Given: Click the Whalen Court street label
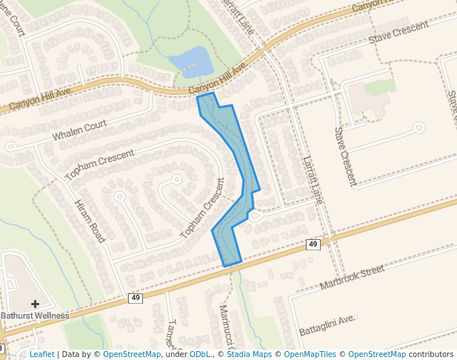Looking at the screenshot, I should coord(80,131).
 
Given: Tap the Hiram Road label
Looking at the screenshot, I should coord(90,221).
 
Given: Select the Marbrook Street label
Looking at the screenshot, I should coord(352,276).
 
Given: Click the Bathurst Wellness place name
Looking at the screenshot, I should coord(35,316).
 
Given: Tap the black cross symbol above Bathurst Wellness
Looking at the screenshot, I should coord(35,304).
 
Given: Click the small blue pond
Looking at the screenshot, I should coord(191,61).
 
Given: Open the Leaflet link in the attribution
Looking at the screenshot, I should coord(41,355).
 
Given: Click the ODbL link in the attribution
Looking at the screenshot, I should coord(199,355).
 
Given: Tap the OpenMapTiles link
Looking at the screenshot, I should coord(310,355).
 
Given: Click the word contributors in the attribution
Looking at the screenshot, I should coord(431,355).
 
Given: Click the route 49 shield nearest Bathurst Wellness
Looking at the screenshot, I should coord(135,298).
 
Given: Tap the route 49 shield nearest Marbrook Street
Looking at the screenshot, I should coord(313,244).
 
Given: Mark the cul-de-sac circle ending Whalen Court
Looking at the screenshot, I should coord(10,147).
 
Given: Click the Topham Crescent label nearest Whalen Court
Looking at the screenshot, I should coord(99,165).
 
